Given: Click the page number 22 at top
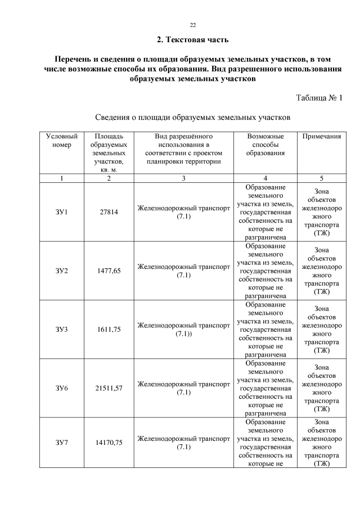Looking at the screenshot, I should click(x=192, y=25).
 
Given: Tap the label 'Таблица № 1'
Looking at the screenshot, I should click(x=319, y=98).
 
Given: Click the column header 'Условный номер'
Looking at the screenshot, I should click(x=61, y=141).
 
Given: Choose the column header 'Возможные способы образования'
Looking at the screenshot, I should click(x=265, y=145).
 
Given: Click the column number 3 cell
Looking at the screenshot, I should click(x=183, y=178).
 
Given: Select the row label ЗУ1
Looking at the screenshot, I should click(x=61, y=212).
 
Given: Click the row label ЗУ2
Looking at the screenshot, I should click(x=61, y=271).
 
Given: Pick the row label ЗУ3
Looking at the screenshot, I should click(x=61, y=330).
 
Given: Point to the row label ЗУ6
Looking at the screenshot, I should click(x=61, y=388).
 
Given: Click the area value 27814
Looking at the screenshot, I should click(x=109, y=212).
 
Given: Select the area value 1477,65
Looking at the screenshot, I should click(x=109, y=271).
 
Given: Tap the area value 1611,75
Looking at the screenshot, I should click(x=109, y=330).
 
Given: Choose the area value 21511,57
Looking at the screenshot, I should click(x=109, y=388).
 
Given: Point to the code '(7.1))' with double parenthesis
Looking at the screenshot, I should click(x=183, y=334).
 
